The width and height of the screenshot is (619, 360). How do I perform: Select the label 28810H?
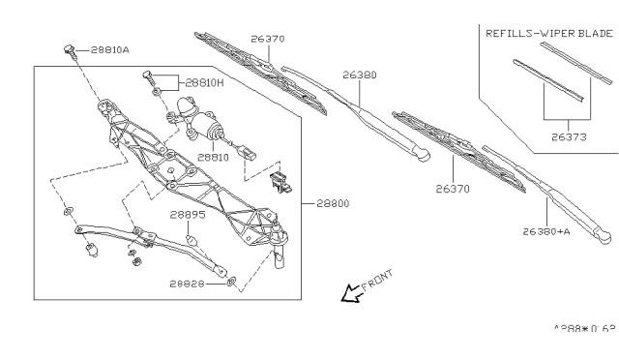(x=204, y=84)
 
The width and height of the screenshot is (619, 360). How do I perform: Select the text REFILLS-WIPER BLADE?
(x=548, y=32)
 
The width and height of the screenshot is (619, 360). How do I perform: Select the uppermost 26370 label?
(x=267, y=40)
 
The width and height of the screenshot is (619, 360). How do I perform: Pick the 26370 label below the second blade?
(x=452, y=189)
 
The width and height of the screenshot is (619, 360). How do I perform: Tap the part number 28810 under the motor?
(x=213, y=156)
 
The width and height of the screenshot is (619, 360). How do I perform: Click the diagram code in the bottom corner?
(x=583, y=329)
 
